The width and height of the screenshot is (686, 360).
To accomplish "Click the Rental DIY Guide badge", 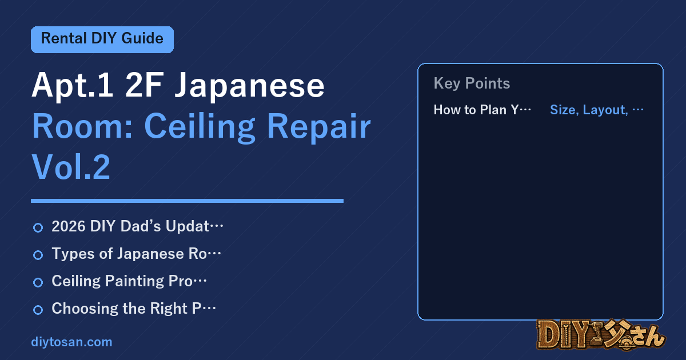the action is (x=102, y=39).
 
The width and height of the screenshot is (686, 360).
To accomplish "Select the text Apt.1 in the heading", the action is (x=73, y=85).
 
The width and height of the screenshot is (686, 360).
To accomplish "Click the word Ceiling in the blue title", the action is (x=200, y=126).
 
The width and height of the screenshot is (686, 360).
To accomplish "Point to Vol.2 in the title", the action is (x=71, y=166).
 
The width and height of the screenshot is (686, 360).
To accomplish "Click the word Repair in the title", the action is (x=319, y=126).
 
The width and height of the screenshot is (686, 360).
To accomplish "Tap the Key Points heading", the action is (x=472, y=83).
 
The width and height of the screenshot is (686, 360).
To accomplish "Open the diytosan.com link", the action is (x=71, y=342).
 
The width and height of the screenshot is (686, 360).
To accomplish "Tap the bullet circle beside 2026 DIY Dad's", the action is (x=38, y=227).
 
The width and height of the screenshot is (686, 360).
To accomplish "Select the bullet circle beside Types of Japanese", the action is (x=38, y=255).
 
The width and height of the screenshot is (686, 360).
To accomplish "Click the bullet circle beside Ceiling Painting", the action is (x=38, y=282).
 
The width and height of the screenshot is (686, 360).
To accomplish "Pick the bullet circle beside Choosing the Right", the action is (x=38, y=310).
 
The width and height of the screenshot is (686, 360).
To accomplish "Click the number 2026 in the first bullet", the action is (x=69, y=226).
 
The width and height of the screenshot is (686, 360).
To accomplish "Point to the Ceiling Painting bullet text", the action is (x=129, y=281).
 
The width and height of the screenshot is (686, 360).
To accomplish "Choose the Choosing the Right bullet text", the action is (x=134, y=308).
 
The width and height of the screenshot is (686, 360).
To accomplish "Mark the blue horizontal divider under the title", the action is (x=187, y=201).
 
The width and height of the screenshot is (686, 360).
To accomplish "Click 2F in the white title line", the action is (x=144, y=85).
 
